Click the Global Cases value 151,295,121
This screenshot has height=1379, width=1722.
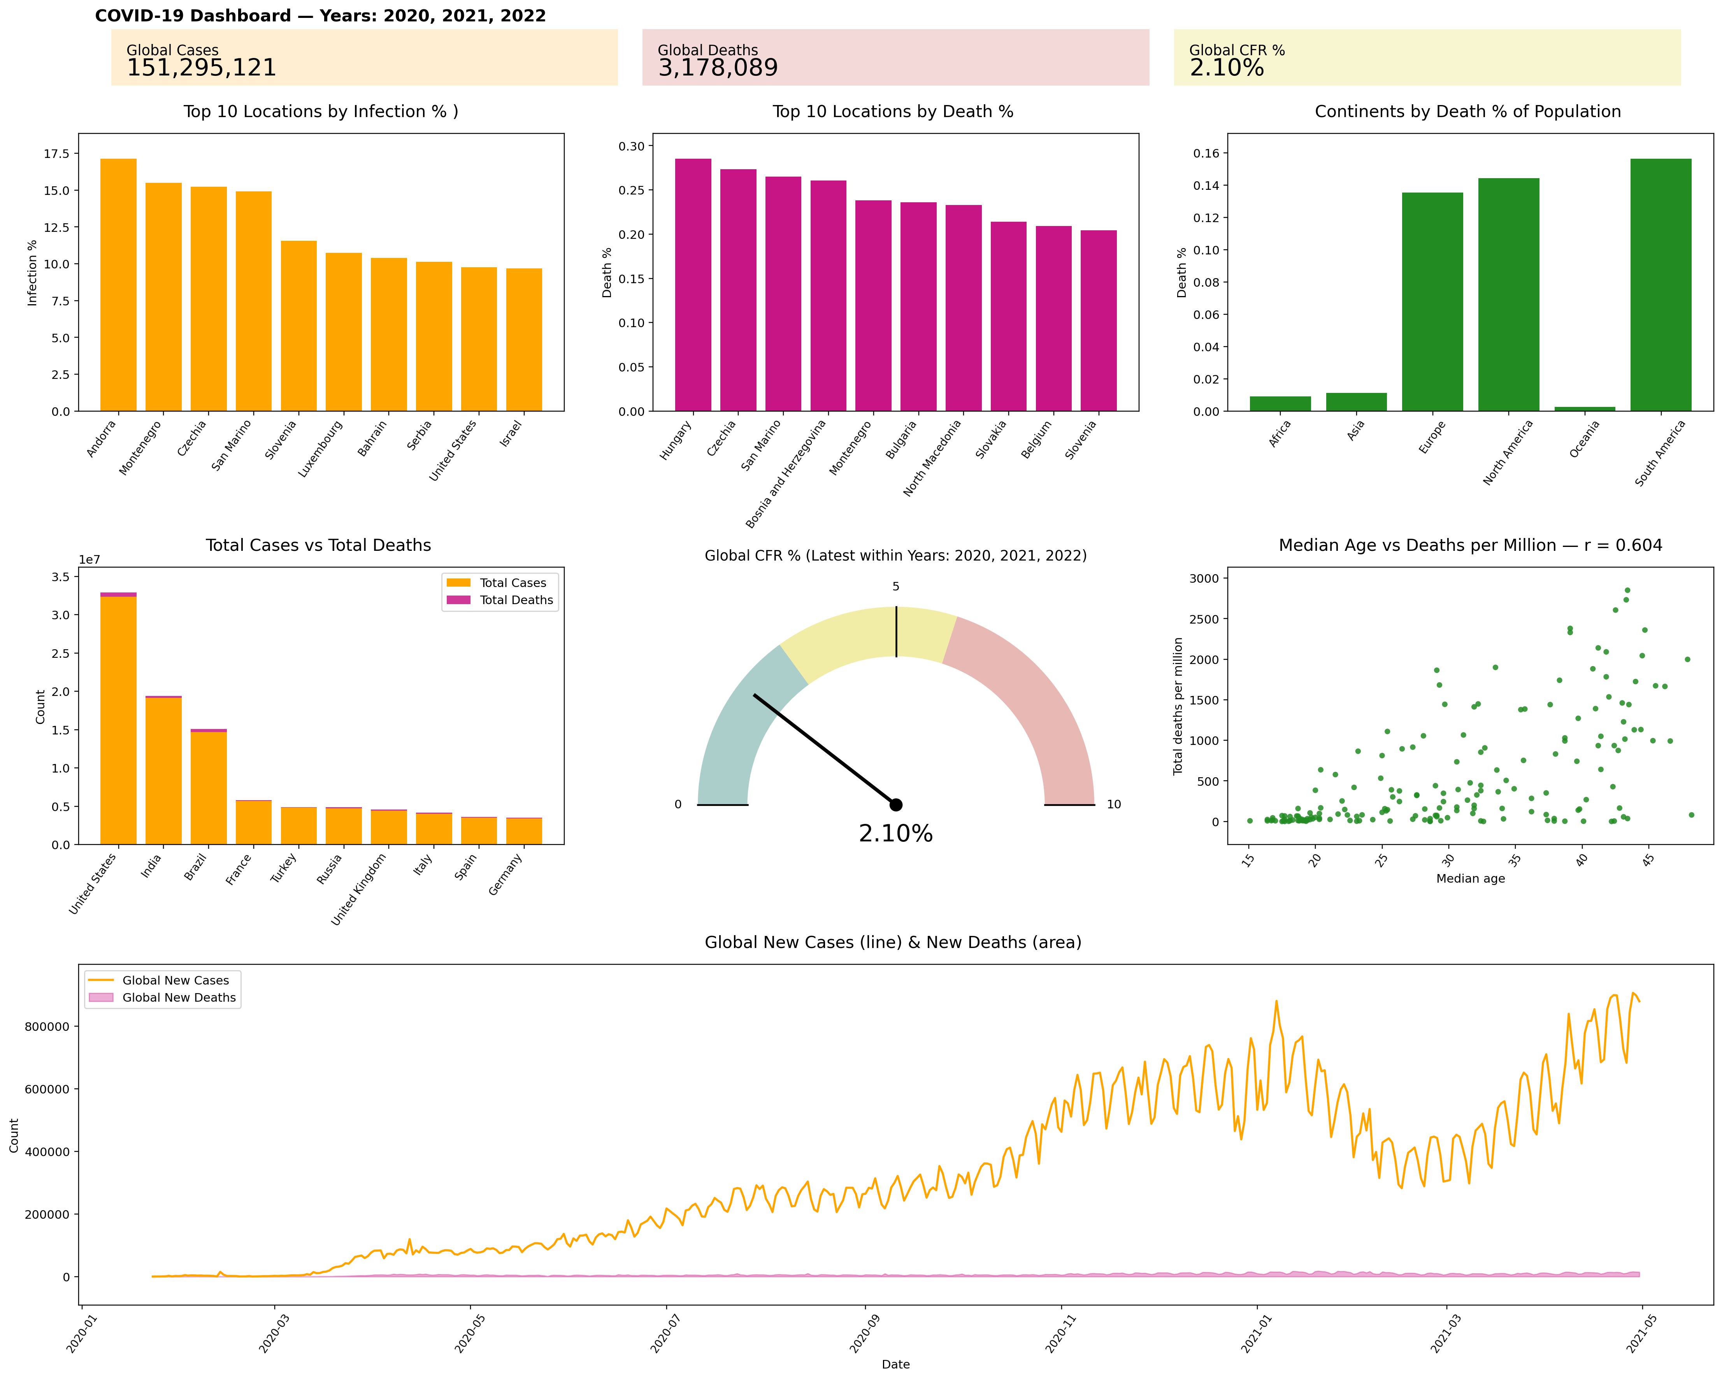click(x=201, y=68)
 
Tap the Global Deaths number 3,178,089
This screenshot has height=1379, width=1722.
click(x=717, y=68)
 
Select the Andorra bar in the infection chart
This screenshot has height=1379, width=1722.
click(x=118, y=285)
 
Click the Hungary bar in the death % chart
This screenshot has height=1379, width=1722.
click(x=692, y=285)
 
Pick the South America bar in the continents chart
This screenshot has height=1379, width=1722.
click(x=1661, y=285)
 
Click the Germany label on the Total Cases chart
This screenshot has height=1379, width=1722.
click(x=506, y=874)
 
